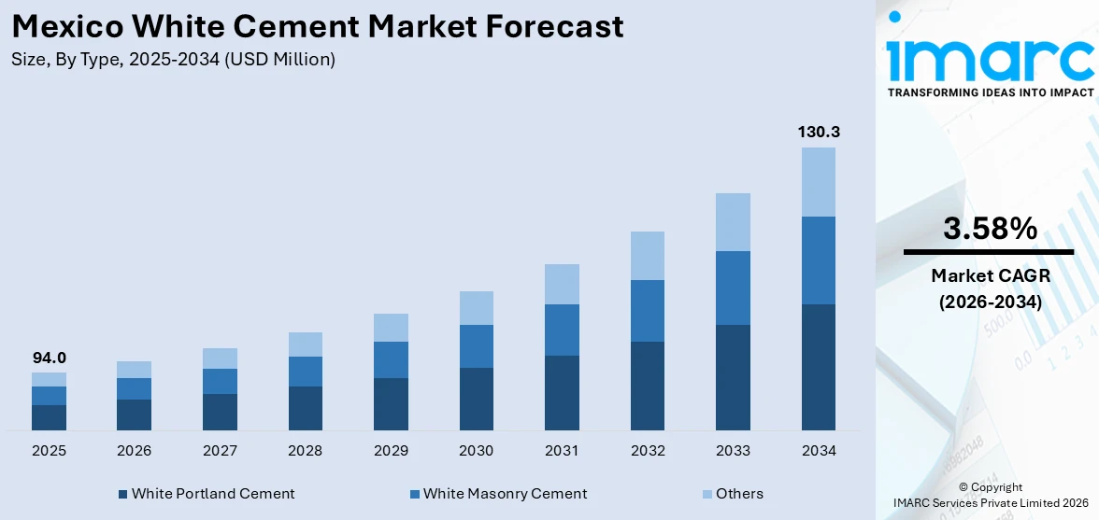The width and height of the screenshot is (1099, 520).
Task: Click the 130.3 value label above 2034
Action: (818, 133)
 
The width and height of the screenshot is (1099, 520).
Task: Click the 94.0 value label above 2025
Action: (49, 358)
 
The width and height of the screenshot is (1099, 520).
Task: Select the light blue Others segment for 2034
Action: (818, 181)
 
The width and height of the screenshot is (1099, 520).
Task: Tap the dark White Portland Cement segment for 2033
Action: (733, 377)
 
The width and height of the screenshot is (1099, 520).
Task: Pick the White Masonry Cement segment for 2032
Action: (647, 310)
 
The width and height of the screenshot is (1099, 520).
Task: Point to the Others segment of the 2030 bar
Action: (476, 308)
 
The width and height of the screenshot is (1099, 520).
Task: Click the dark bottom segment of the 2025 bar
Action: (49, 417)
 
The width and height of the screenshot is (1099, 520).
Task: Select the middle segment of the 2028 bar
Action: (305, 372)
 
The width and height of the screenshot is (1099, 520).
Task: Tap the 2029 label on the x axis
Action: (391, 451)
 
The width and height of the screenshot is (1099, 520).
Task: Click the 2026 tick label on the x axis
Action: (134, 451)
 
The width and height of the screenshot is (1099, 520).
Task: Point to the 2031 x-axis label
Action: (562, 451)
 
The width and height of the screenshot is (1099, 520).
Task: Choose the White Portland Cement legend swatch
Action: (123, 494)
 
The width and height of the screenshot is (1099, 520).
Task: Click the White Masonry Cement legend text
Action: (505, 494)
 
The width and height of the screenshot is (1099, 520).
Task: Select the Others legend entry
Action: (739, 494)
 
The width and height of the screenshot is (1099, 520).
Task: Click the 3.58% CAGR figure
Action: (990, 229)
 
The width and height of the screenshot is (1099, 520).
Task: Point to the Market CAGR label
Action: (990, 275)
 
